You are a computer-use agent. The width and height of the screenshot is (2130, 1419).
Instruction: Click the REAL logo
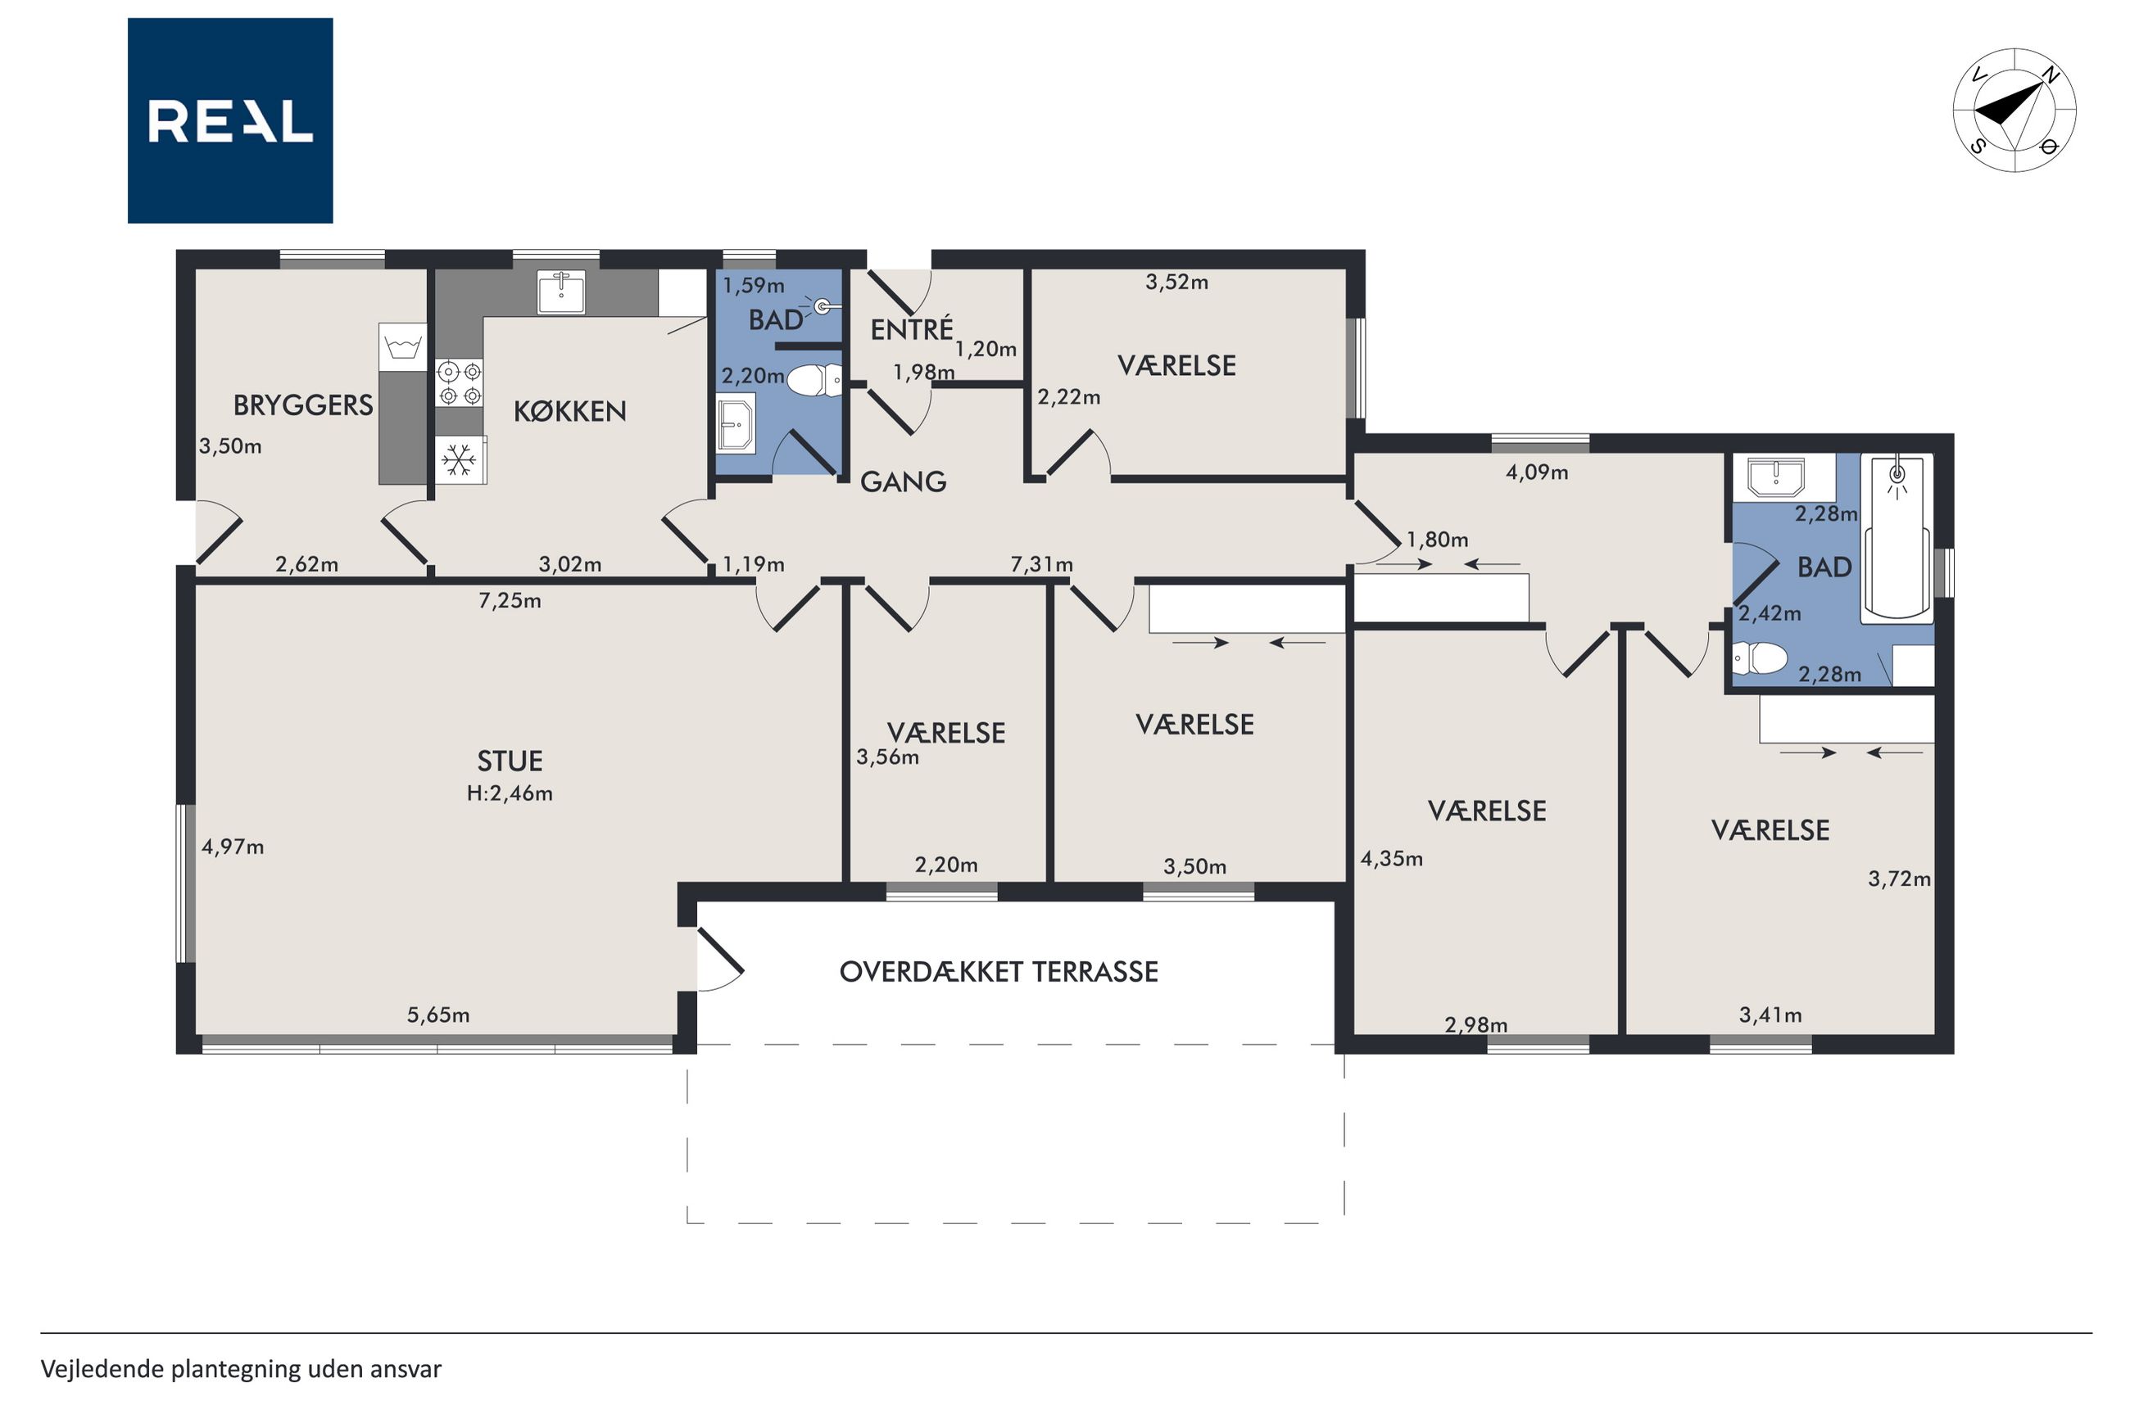click(230, 120)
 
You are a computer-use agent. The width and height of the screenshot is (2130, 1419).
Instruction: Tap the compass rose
click(2014, 111)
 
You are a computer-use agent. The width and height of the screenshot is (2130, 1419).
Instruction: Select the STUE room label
click(510, 761)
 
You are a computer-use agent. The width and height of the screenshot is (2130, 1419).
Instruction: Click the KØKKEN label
click(570, 412)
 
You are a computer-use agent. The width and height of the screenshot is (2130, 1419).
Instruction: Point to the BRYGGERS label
click(303, 405)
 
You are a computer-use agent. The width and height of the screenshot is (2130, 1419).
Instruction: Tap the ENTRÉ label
click(912, 329)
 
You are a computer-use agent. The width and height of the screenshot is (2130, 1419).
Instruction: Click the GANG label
click(904, 481)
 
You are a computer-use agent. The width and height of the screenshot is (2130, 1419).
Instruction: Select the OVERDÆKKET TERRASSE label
click(999, 972)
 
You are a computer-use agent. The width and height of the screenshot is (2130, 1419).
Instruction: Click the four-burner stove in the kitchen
click(459, 383)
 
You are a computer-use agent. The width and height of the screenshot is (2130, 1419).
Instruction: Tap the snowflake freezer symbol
click(459, 459)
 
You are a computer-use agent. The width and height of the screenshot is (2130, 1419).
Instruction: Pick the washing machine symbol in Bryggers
click(402, 346)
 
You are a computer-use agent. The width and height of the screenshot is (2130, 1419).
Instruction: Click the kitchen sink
click(561, 291)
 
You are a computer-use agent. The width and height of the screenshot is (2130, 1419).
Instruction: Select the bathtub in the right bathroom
click(1897, 540)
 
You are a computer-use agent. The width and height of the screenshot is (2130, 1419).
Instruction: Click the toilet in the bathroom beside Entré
click(814, 380)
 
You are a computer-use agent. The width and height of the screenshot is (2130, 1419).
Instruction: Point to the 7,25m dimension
click(510, 601)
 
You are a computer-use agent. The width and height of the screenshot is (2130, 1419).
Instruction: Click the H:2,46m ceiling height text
click(510, 793)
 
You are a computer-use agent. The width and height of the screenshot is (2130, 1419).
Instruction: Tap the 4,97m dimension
click(233, 847)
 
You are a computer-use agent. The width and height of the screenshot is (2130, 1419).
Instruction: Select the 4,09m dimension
click(1537, 472)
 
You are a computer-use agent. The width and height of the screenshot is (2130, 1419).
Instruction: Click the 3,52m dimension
click(1176, 282)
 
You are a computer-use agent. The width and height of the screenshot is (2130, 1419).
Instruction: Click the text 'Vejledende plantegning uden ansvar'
click(241, 1369)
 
